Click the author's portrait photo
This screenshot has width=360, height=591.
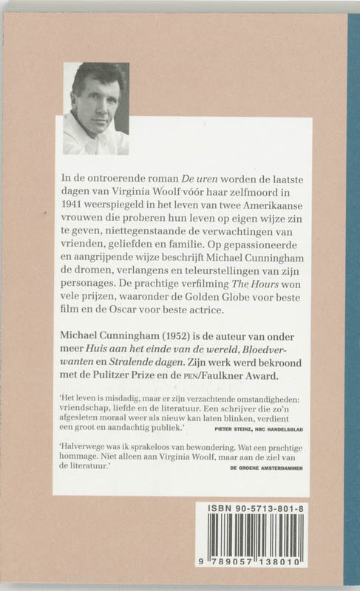tap(95, 108)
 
